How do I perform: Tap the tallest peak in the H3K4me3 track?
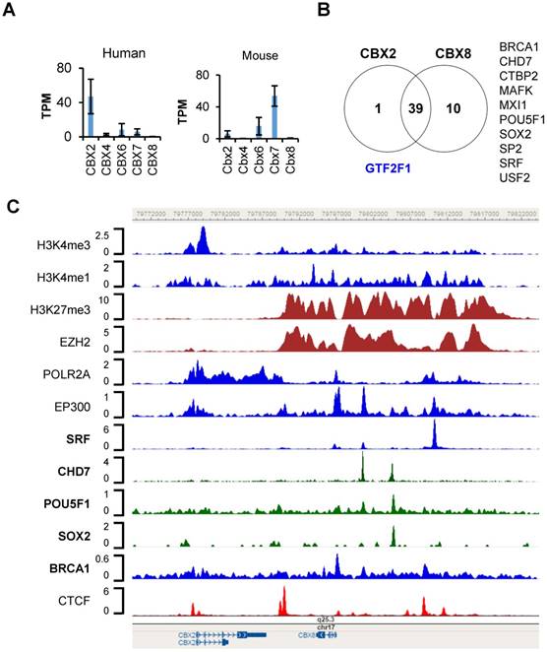202,236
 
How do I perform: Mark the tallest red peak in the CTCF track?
282,598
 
